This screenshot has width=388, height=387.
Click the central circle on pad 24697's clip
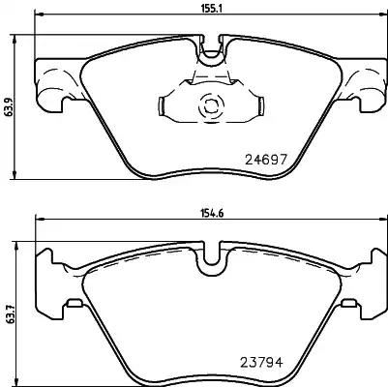tap(210, 108)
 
